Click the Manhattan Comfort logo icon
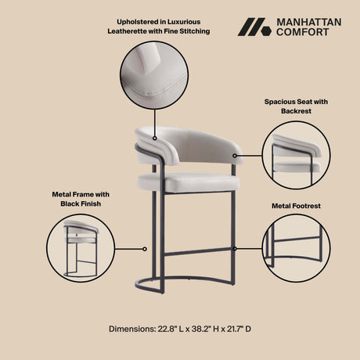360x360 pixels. point(255,27)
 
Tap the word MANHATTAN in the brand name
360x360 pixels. point(308,21)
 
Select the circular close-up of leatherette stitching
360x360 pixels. point(154,76)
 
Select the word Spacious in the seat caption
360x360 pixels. point(276,102)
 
